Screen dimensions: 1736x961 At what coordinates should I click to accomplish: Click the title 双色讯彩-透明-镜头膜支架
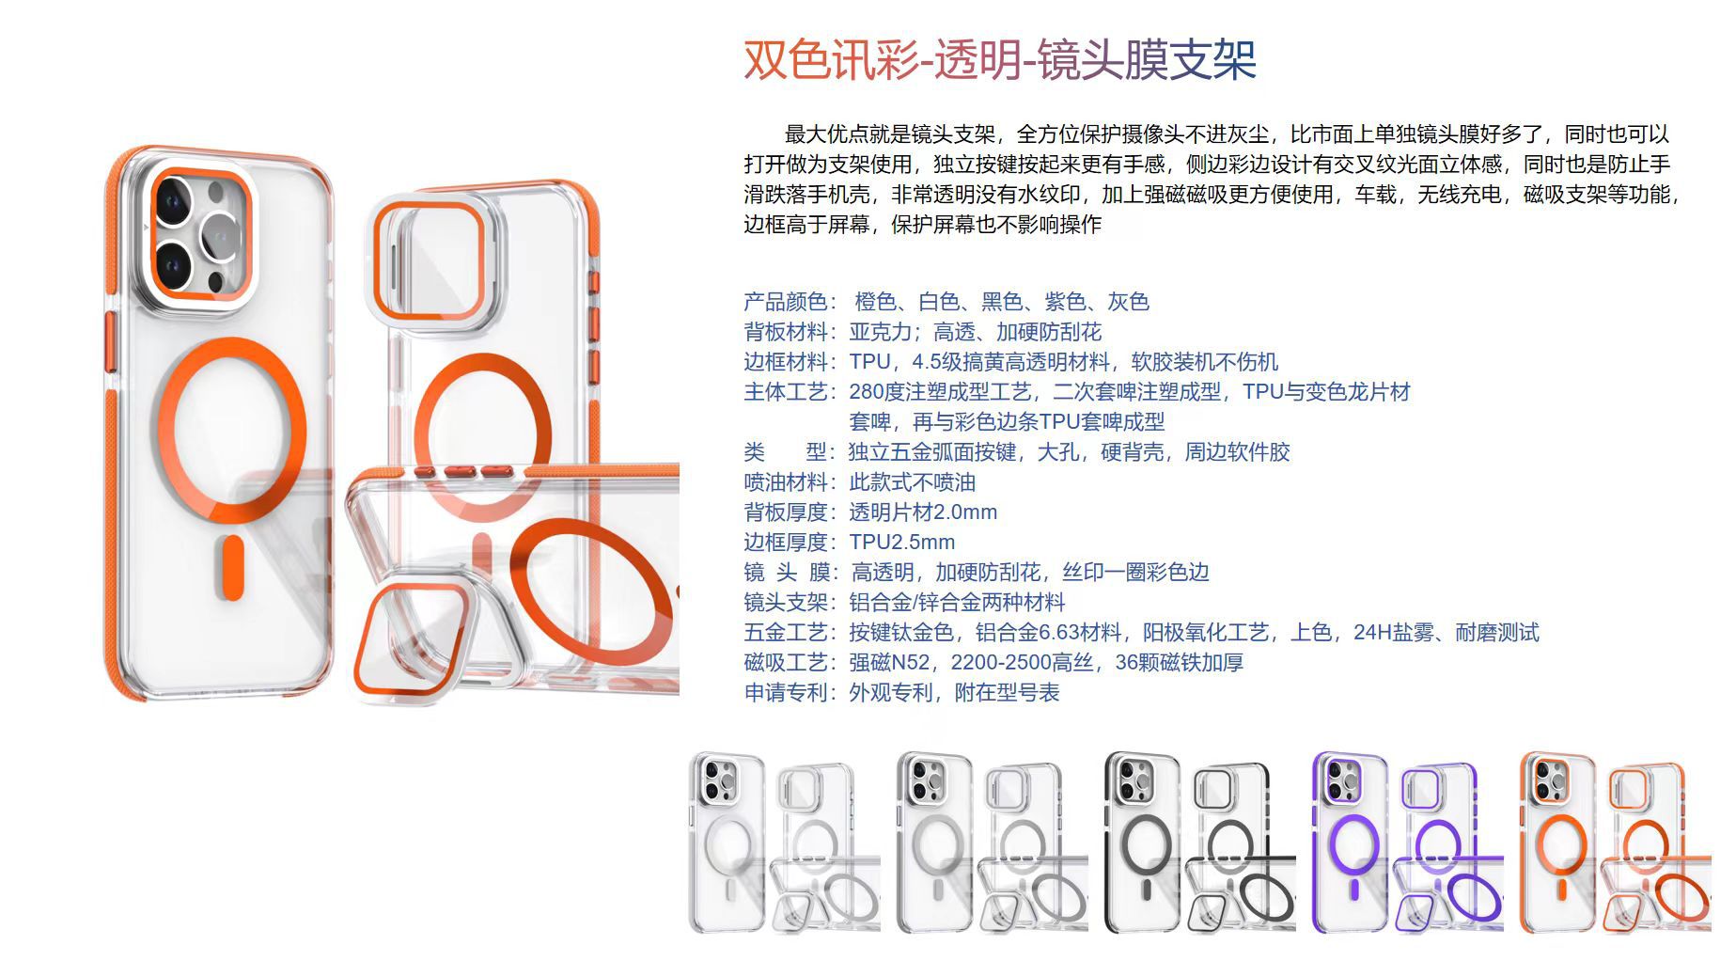(x=1000, y=60)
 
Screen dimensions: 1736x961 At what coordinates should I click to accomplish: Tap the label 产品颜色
(x=785, y=302)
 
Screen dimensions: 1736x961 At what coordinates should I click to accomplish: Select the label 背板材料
(x=785, y=332)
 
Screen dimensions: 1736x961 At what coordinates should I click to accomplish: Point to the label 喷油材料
(x=785, y=482)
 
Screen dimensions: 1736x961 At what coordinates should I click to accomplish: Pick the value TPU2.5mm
(x=902, y=543)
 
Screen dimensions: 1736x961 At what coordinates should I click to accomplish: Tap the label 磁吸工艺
(x=785, y=663)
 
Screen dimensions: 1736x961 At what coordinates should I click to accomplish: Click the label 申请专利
(x=785, y=693)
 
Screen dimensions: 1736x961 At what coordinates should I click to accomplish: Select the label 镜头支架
(x=785, y=603)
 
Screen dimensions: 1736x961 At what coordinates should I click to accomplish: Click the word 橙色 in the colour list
(x=875, y=302)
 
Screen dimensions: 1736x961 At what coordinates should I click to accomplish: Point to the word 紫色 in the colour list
(x=1065, y=302)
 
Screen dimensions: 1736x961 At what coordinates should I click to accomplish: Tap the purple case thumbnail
(x=1406, y=843)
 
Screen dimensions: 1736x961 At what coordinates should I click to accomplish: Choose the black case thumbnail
(x=1198, y=843)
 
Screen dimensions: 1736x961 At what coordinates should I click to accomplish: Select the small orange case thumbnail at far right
(x=1615, y=843)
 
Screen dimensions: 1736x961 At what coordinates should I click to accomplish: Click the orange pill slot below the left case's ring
(x=230, y=567)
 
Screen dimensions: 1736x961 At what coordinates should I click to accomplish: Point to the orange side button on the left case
(x=109, y=342)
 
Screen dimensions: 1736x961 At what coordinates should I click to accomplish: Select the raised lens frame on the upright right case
(x=431, y=260)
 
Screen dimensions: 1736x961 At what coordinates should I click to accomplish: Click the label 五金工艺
(x=785, y=633)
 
